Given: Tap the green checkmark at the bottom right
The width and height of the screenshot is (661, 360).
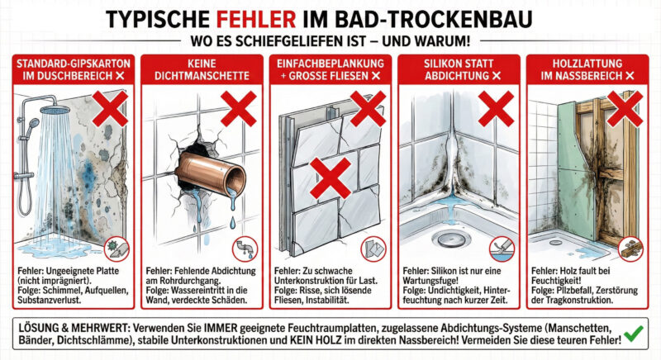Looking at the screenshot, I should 635,334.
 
